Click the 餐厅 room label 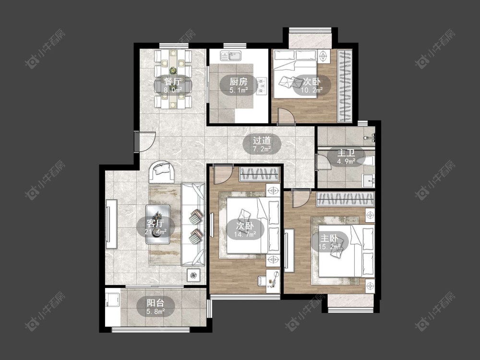click(x=172, y=82)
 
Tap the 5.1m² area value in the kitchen click(x=239, y=90)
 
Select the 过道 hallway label click(x=262, y=141)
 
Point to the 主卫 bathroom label click(x=346, y=153)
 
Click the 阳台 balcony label click(x=156, y=303)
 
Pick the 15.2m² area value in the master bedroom click(x=329, y=246)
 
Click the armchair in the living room click(x=162, y=171)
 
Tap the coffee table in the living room click(x=157, y=224)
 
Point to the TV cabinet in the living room click(x=111, y=224)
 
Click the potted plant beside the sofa click(x=193, y=276)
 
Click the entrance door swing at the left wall click(x=145, y=142)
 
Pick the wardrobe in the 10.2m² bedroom click(x=345, y=86)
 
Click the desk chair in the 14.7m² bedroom click(x=261, y=280)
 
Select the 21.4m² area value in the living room click(x=156, y=232)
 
